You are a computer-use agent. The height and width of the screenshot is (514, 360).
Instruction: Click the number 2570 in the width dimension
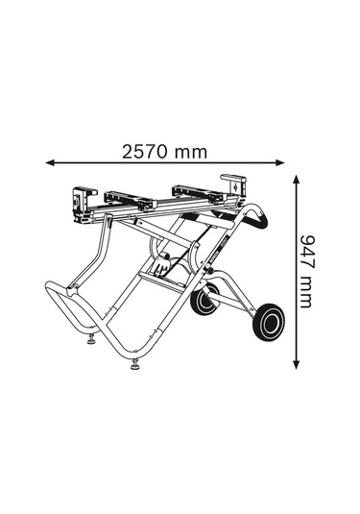(x=144, y=152)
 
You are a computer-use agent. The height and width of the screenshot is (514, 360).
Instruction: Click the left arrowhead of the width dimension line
(x=50, y=162)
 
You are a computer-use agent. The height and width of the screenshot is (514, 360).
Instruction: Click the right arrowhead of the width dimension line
(x=280, y=162)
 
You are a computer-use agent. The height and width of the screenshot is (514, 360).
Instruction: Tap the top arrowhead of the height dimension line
(x=296, y=180)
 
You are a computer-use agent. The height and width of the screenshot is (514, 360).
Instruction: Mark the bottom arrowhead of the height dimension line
(x=296, y=364)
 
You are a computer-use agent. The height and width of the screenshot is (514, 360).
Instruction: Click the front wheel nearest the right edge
(x=269, y=322)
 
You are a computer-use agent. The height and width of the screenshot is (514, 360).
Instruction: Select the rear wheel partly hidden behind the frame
(x=204, y=299)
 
